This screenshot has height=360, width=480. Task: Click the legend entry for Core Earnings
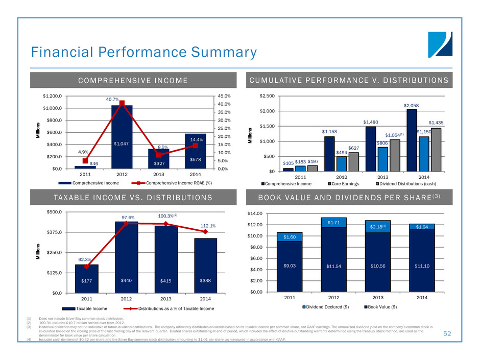(350, 183)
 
